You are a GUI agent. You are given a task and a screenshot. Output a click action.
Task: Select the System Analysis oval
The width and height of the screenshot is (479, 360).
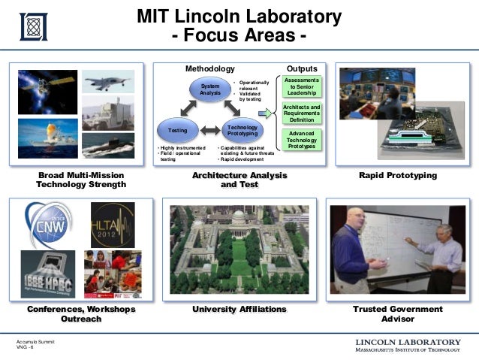click(210, 90)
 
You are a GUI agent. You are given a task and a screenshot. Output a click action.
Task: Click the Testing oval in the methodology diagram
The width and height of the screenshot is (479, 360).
click(177, 131)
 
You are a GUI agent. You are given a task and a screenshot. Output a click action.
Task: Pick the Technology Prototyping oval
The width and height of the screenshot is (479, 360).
click(242, 131)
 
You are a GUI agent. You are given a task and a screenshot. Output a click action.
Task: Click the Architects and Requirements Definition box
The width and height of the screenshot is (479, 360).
click(302, 113)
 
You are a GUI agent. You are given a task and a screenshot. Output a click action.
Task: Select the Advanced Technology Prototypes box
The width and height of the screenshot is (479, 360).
click(302, 138)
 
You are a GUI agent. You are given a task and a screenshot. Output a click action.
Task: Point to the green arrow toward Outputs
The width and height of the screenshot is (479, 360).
click(264, 113)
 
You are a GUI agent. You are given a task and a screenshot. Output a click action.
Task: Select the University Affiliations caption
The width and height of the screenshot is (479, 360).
click(239, 309)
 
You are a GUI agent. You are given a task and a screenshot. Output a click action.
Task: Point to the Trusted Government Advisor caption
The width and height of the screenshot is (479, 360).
click(398, 313)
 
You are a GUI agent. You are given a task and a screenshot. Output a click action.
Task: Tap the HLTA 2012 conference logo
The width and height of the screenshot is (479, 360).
click(112, 223)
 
